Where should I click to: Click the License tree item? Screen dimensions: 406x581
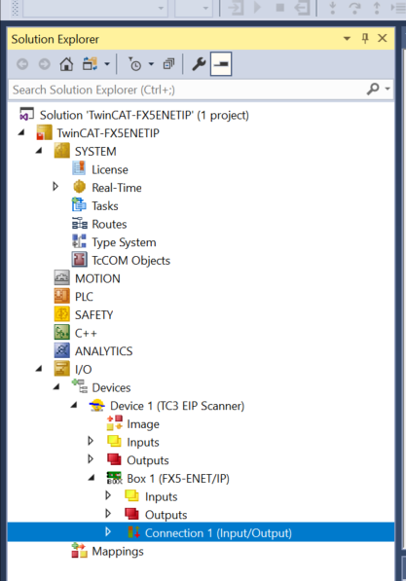pyautogui.click(x=110, y=169)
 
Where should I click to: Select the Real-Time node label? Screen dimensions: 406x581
pyautogui.click(x=117, y=188)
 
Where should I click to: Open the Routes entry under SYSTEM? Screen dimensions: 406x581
pyautogui.click(x=109, y=224)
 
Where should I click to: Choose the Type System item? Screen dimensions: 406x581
pyautogui.click(x=124, y=242)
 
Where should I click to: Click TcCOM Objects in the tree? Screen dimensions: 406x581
pyautogui.click(x=130, y=261)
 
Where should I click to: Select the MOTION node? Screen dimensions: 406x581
pyautogui.click(x=97, y=278)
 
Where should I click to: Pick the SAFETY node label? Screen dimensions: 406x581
pyautogui.click(x=93, y=315)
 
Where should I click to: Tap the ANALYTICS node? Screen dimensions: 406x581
pyautogui.click(x=103, y=351)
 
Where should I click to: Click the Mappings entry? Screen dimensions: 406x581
pyautogui.click(x=118, y=552)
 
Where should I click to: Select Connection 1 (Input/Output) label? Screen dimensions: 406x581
pyautogui.click(x=218, y=533)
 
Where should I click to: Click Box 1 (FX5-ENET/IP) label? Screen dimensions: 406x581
pyautogui.click(x=178, y=479)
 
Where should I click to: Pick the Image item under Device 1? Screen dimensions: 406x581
pyautogui.click(x=143, y=424)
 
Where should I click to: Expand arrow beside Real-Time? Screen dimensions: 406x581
pyautogui.click(x=55, y=187)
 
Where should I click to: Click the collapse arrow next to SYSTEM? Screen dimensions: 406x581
pyautogui.click(x=39, y=151)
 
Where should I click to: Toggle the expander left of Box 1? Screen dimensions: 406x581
pyautogui.click(x=92, y=478)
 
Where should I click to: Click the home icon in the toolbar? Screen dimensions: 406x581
pyautogui.click(x=66, y=64)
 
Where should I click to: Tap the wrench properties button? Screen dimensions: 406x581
pyautogui.click(x=199, y=64)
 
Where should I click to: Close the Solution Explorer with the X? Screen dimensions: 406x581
pyautogui.click(x=383, y=38)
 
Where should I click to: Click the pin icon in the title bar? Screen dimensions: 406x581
pyautogui.click(x=365, y=38)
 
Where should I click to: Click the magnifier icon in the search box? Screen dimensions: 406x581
pyautogui.click(x=373, y=89)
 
